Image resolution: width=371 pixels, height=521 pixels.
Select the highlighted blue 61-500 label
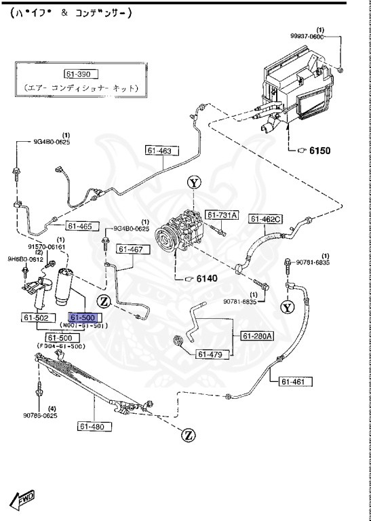pyautogui.click(x=85, y=317)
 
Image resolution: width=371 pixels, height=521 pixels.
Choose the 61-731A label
pyautogui.click(x=223, y=215)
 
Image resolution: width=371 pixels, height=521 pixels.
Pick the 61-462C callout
pyautogui.click(x=267, y=218)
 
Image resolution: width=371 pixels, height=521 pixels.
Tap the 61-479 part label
pyautogui.click(x=213, y=353)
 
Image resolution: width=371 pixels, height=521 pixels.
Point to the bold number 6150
pyautogui.click(x=319, y=151)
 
